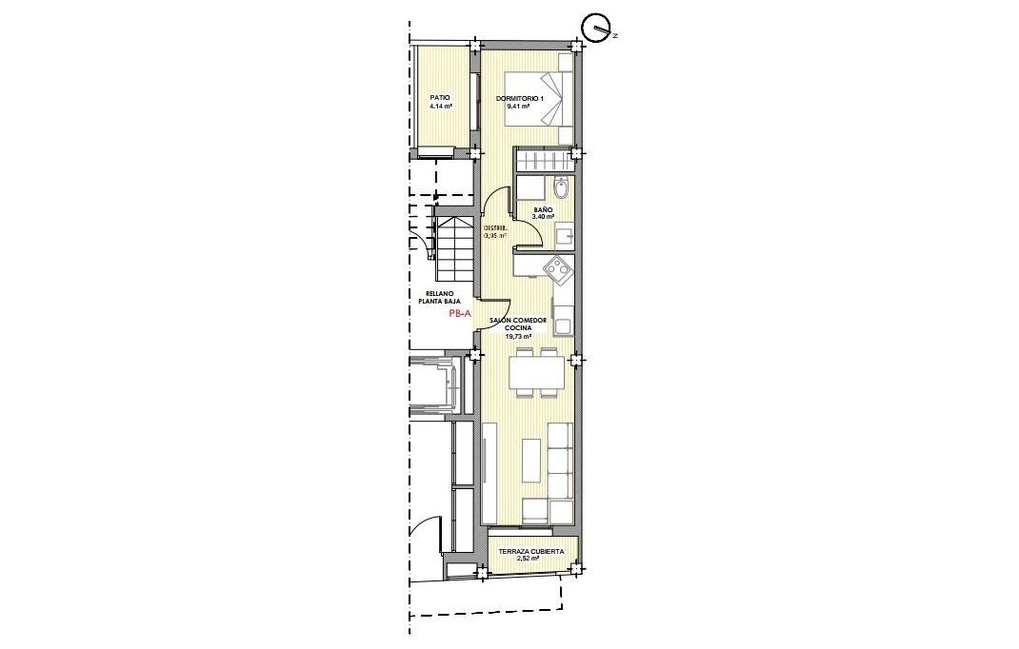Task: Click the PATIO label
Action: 439,97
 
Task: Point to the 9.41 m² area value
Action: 518,107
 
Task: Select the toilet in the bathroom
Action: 561,187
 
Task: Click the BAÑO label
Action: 543,210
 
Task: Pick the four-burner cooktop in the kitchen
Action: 558,270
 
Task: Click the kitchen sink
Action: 563,326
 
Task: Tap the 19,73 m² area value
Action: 518,336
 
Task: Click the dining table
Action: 534,371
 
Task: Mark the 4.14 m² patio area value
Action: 440,107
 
